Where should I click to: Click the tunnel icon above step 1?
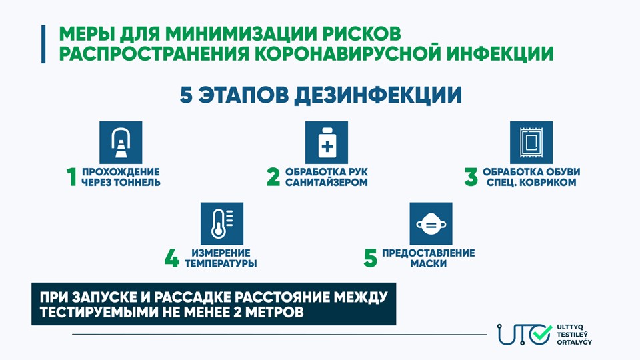click(x=121, y=143)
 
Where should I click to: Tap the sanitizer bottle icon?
click(x=327, y=143)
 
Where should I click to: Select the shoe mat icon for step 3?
click(x=531, y=143)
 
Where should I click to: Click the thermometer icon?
click(x=222, y=224)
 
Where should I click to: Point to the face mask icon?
click(x=431, y=224)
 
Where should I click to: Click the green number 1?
click(x=72, y=177)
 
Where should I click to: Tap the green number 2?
click(x=273, y=177)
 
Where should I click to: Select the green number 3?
click(x=471, y=177)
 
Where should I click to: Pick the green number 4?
click(x=172, y=259)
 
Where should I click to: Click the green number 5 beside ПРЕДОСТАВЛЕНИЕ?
click(x=370, y=259)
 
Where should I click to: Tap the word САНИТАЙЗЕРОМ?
click(x=327, y=183)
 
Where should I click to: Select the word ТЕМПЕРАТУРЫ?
click(x=221, y=264)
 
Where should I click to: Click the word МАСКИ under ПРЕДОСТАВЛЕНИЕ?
click(x=429, y=264)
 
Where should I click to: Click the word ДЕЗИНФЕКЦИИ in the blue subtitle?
click(x=378, y=95)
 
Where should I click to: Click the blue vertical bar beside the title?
click(x=43, y=44)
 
